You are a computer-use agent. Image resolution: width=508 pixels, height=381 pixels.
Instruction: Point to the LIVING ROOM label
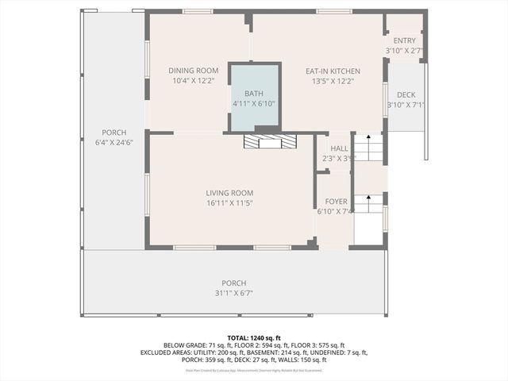click(229, 193)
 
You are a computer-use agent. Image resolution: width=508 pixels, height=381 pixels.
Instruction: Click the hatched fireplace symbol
click(270, 141)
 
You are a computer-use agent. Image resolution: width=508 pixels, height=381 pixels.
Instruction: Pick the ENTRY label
click(404, 41)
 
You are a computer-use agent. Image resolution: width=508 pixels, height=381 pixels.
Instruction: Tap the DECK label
click(406, 94)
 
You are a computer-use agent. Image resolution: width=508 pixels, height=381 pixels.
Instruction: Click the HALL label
click(339, 148)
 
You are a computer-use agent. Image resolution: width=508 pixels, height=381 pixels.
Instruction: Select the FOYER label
click(337, 202)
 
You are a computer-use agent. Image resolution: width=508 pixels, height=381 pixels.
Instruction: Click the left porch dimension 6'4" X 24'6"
click(114, 143)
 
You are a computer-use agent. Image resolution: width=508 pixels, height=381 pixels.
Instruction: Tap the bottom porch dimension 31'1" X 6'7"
click(233, 293)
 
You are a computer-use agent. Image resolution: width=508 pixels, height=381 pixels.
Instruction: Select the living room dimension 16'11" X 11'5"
click(229, 203)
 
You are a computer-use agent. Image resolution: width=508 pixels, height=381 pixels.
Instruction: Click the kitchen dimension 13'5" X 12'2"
click(333, 81)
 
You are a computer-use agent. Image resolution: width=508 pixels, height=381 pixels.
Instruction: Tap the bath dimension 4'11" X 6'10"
click(254, 104)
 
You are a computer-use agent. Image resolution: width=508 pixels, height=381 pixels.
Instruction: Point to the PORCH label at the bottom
click(233, 283)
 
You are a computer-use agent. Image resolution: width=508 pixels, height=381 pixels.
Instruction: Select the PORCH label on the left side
click(114, 133)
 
